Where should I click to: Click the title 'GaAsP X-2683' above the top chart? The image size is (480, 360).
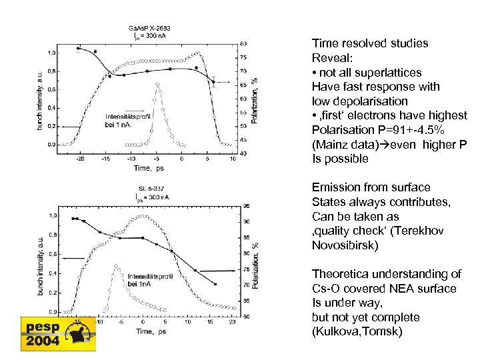click(149, 28)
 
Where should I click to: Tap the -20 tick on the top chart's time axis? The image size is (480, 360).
click(80, 159)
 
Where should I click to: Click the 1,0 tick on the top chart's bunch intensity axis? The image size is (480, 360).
click(51, 52)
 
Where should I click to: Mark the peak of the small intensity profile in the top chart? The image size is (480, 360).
click(157, 84)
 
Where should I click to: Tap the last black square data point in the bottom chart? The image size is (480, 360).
click(215, 284)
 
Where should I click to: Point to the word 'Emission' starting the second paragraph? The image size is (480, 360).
click(337, 187)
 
